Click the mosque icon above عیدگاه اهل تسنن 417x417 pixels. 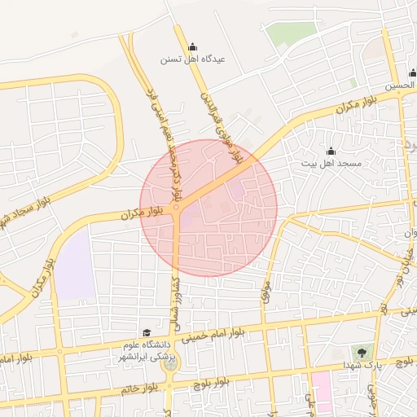pos(192,46)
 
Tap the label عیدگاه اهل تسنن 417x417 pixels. pos(192,59)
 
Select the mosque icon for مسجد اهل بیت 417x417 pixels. pos(331,151)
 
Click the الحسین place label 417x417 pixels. pos(402,86)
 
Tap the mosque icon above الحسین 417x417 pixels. pos(413,73)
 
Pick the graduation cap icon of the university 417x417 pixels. pos(147,332)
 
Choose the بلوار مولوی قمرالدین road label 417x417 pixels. pos(222,126)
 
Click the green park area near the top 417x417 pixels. pos(291,33)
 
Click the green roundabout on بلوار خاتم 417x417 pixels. pos(169,364)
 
